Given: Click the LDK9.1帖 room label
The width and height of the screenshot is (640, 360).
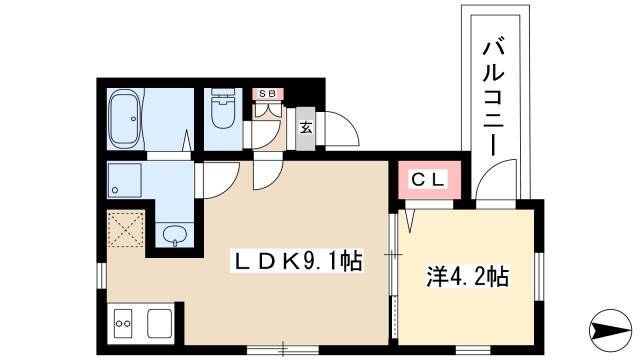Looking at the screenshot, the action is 298,261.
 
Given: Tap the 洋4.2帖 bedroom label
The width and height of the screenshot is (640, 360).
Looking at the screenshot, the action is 468,276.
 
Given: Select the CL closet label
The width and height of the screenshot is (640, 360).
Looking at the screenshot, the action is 427,180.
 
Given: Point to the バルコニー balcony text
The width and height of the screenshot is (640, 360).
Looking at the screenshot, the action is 494,98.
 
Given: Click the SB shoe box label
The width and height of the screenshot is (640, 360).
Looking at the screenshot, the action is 267,94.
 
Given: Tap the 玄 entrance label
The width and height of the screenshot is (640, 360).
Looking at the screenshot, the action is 306,128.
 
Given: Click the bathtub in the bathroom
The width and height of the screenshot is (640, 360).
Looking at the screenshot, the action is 125,119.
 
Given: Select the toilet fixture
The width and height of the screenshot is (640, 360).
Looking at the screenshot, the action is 223,109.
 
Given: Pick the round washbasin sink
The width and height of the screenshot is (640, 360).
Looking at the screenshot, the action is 175,235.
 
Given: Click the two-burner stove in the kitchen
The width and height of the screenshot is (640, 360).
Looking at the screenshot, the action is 123,323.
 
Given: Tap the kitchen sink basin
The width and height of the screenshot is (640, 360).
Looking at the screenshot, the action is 159,323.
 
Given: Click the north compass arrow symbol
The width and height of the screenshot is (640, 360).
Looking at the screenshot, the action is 610,329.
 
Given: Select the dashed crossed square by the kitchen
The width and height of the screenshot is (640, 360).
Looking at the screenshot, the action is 126,229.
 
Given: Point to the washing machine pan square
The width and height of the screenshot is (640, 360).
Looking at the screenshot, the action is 124,180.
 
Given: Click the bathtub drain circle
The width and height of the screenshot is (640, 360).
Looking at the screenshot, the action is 133,119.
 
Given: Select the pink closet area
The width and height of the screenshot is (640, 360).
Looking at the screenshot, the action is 429,180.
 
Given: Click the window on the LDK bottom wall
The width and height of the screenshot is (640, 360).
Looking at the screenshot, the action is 283,350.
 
